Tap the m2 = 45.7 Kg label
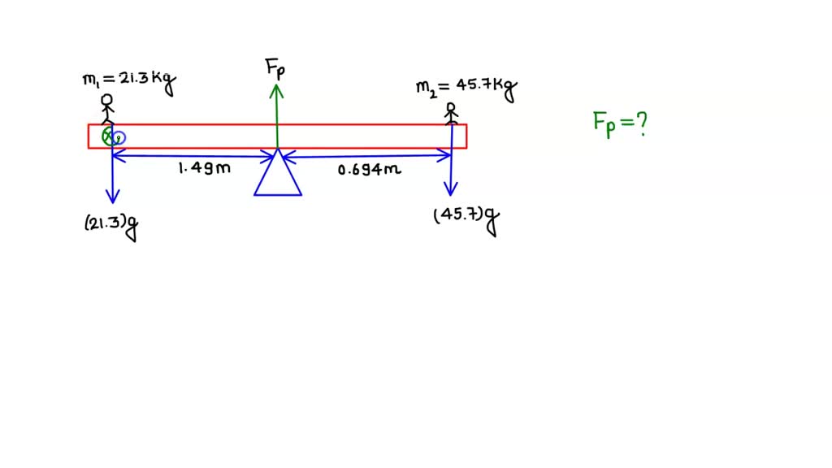(466, 89)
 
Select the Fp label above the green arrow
(275, 68)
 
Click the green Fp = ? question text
(619, 124)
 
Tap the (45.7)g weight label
(466, 219)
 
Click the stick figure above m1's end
(106, 109)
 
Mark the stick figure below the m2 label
(452, 112)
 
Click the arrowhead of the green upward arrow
(277, 89)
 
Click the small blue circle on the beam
(119, 137)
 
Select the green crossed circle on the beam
(107, 136)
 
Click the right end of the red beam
(466, 136)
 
